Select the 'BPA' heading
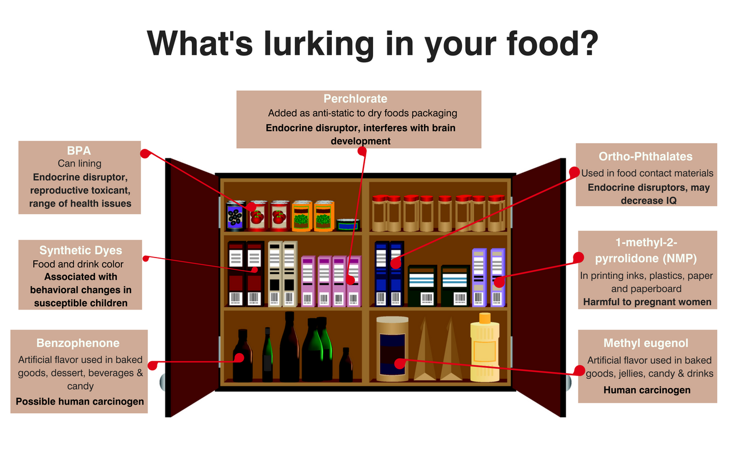pos(79,151)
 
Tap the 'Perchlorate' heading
pos(355,98)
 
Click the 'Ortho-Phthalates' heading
pos(646,156)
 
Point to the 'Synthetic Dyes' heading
pos(80,250)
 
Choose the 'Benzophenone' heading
pos(78,343)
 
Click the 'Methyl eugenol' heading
pos(646,343)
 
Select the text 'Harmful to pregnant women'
pos(647,302)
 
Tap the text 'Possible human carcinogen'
pos(80,402)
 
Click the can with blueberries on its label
pos(235,216)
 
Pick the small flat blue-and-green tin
pos(348,225)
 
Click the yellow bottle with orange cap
pos(485,347)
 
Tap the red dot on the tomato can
pos(251,207)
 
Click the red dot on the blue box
pos(395,264)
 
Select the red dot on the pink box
pos(351,280)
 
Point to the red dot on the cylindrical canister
pos(399,363)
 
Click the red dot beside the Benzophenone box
pos(152,365)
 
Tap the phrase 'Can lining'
pos(80,164)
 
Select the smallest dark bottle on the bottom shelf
pos(346,365)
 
